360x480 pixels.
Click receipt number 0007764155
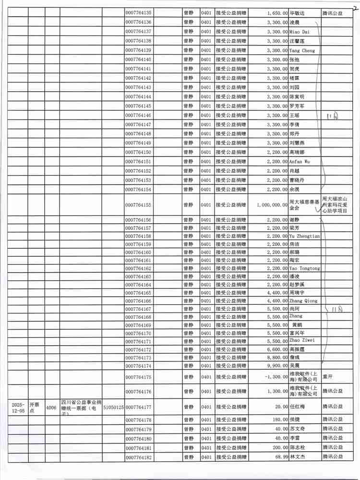coord(138,205)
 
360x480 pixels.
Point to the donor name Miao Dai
coord(299,31)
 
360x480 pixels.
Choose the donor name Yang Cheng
coord(302,50)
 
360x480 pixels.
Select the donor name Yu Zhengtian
coord(304,236)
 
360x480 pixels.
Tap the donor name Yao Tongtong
coord(304,268)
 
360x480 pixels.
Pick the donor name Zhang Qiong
coord(303,301)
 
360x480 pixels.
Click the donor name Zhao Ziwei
coord(301,341)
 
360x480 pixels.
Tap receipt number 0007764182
coord(138,457)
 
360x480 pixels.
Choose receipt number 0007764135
coord(138,13)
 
